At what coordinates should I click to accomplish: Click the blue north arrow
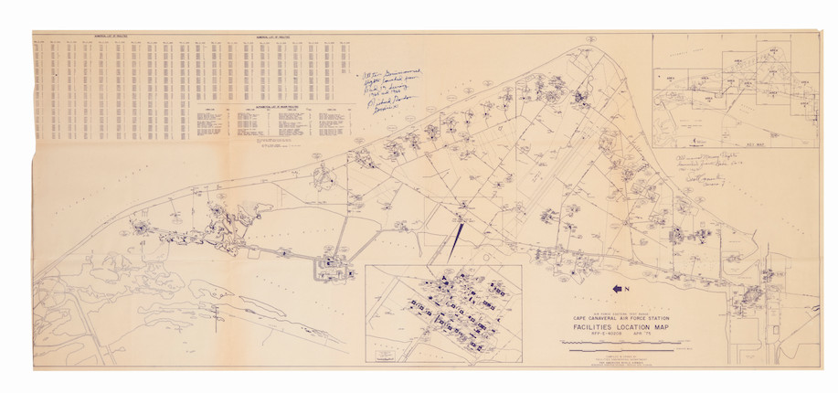pos(617,288)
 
